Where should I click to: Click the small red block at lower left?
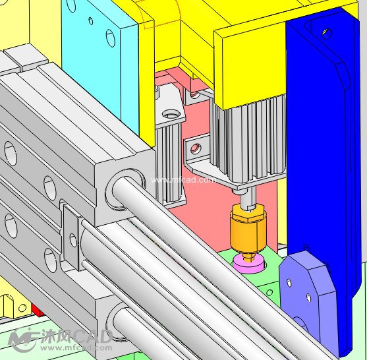(38, 310)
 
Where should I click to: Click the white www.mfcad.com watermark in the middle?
(183, 180)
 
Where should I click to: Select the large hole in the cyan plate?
(111, 38)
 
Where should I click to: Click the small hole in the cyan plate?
(91, 21)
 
